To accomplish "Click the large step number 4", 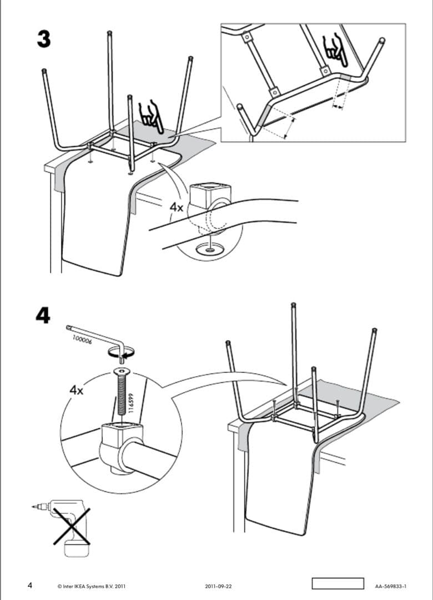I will coord(43,314).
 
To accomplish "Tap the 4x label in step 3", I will coord(177,207).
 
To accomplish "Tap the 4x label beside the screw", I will coord(76,389).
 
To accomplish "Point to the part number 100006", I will coord(82,340).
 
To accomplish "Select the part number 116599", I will coord(132,403).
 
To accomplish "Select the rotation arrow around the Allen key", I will coord(121,351).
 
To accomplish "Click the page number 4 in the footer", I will coord(30,585).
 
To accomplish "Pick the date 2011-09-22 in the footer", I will coord(218,586).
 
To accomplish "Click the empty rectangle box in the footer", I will coord(337,584).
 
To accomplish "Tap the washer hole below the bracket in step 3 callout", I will coord(210,250).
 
